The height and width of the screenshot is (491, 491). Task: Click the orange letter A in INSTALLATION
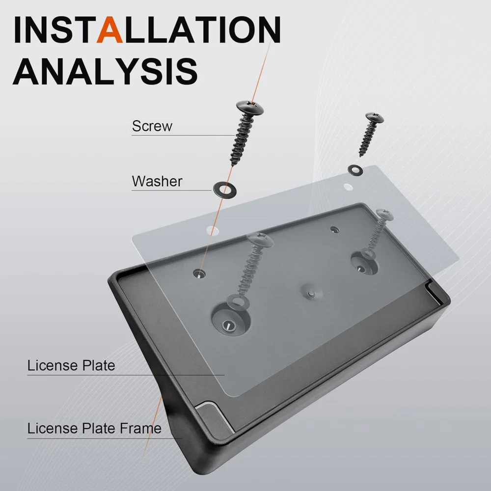(x=109, y=29)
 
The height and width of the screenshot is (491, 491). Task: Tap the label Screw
(x=152, y=126)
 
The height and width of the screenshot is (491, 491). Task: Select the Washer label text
(x=157, y=181)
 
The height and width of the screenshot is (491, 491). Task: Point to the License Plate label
(x=71, y=365)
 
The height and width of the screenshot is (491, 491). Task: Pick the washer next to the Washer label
(x=224, y=189)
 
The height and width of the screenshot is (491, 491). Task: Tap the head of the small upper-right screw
(x=375, y=117)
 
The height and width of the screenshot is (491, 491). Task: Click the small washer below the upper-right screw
(x=355, y=170)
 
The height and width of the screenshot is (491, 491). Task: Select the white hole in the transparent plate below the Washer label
(x=213, y=230)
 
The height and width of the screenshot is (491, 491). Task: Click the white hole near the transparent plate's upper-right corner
(x=348, y=187)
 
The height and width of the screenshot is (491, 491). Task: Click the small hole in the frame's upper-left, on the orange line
(x=199, y=273)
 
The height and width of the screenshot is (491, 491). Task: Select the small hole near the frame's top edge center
(x=335, y=230)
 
